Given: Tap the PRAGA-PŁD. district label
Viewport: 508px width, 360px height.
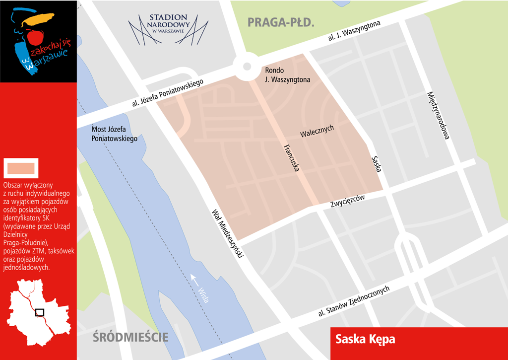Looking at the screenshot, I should click(281, 22).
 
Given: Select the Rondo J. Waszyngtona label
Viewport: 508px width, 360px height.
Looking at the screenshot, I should click(287, 75).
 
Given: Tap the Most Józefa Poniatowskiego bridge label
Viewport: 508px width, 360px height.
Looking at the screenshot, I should click(115, 134).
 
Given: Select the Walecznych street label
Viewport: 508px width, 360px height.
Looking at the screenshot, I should click(317, 132).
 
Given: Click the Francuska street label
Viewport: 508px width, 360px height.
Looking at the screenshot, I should click(292, 158).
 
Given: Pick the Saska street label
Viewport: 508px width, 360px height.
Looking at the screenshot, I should click(377, 164).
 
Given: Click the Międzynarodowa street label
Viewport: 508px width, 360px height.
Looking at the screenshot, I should click(438, 116).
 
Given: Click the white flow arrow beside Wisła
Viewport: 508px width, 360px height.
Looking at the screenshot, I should click(194, 279).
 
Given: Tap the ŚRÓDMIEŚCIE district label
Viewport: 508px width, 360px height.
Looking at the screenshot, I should click(130, 338).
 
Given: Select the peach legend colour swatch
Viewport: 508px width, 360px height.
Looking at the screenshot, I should click(20, 167).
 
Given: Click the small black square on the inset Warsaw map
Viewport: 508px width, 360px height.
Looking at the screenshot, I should click(40, 312).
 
